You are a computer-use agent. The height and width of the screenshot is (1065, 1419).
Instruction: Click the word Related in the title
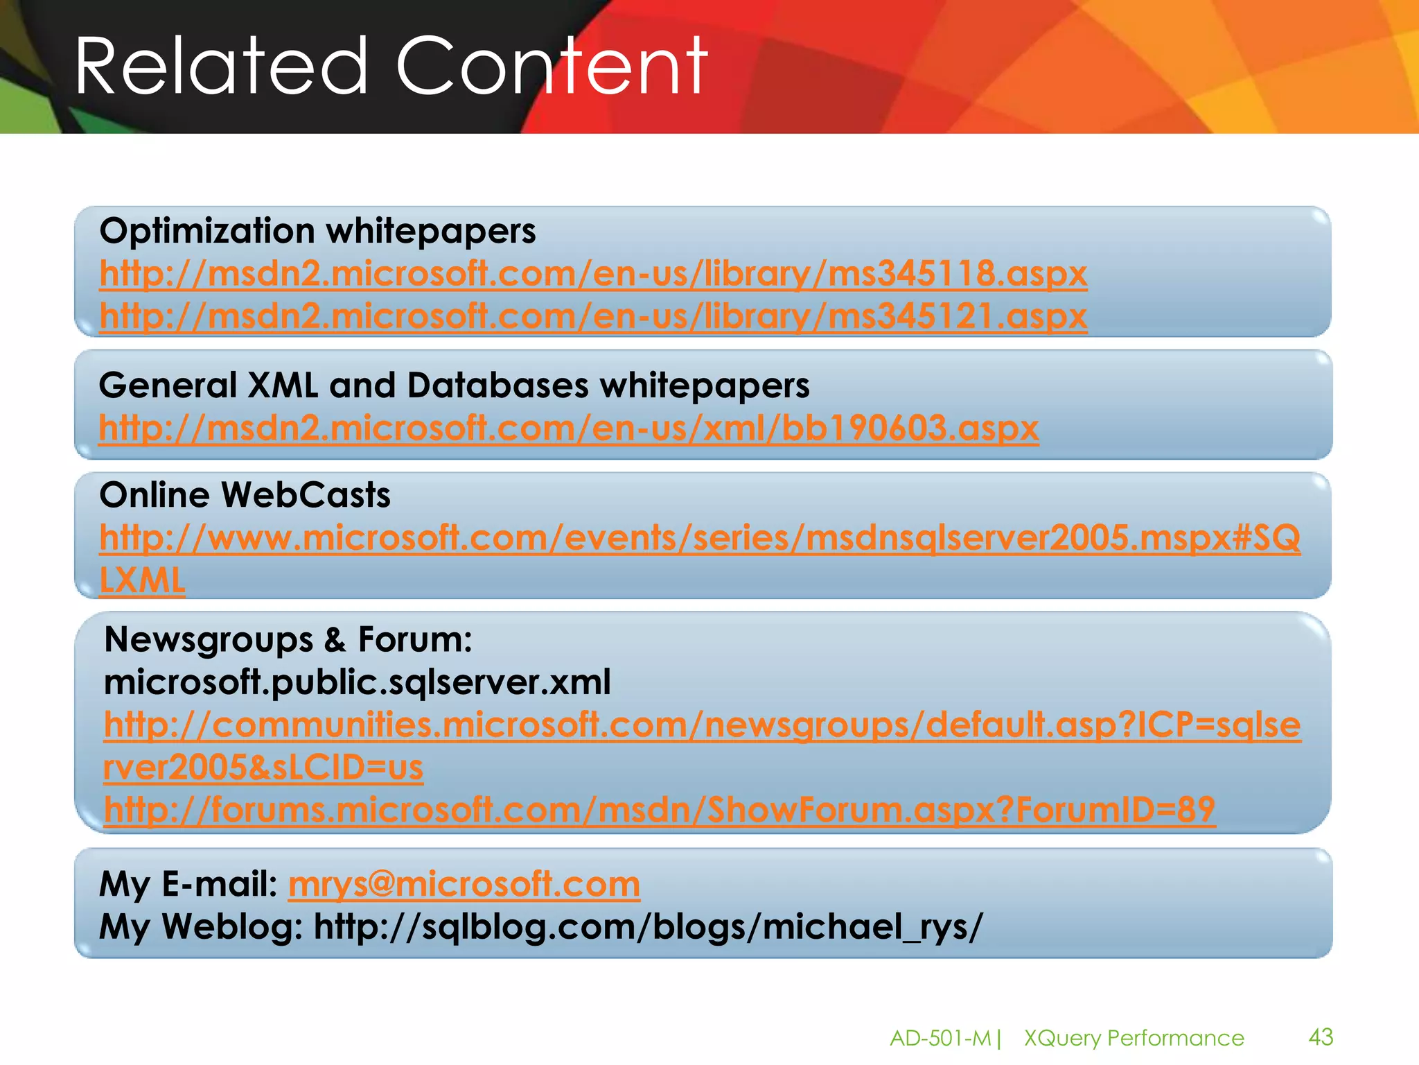220,67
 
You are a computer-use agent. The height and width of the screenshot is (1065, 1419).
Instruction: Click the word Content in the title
552,67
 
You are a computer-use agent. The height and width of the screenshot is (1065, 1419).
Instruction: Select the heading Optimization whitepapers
317,231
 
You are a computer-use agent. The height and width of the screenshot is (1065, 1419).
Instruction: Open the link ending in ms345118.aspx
593,274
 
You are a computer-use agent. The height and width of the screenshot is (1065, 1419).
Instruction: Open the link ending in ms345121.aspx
593,317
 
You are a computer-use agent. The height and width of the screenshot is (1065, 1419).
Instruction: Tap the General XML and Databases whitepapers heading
454,386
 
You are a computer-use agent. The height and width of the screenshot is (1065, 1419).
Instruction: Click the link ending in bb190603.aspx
568,428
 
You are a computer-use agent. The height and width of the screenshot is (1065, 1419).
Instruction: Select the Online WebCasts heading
245,495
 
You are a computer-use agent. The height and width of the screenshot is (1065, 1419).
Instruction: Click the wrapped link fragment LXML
142,580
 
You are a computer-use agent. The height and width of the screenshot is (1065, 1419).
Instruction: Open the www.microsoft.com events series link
700,538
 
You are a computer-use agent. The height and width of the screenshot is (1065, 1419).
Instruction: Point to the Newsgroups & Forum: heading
288,639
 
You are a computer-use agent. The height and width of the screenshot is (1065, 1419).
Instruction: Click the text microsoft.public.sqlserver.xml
357,682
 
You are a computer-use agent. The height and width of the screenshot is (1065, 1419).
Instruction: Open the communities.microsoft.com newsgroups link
702,725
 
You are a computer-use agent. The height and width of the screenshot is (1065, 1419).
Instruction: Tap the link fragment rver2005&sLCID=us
263,768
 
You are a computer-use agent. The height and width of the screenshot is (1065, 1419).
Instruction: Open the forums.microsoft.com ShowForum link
660,810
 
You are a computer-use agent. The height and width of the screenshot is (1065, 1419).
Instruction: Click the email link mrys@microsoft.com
464,884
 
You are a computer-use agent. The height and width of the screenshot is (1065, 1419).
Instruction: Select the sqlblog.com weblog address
648,927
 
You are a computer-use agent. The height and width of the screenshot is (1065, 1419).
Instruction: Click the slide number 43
1321,1037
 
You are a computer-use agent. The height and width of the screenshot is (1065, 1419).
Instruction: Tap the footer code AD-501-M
940,1038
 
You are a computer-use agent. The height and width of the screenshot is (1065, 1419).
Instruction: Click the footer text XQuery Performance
1134,1038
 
